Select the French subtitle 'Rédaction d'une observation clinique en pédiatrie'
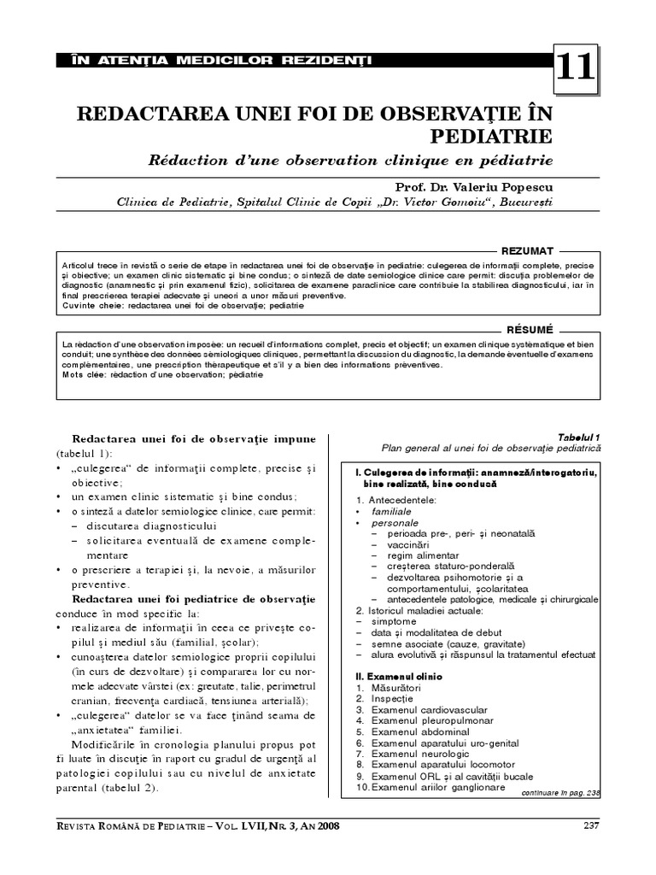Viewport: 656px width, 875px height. click(x=351, y=161)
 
